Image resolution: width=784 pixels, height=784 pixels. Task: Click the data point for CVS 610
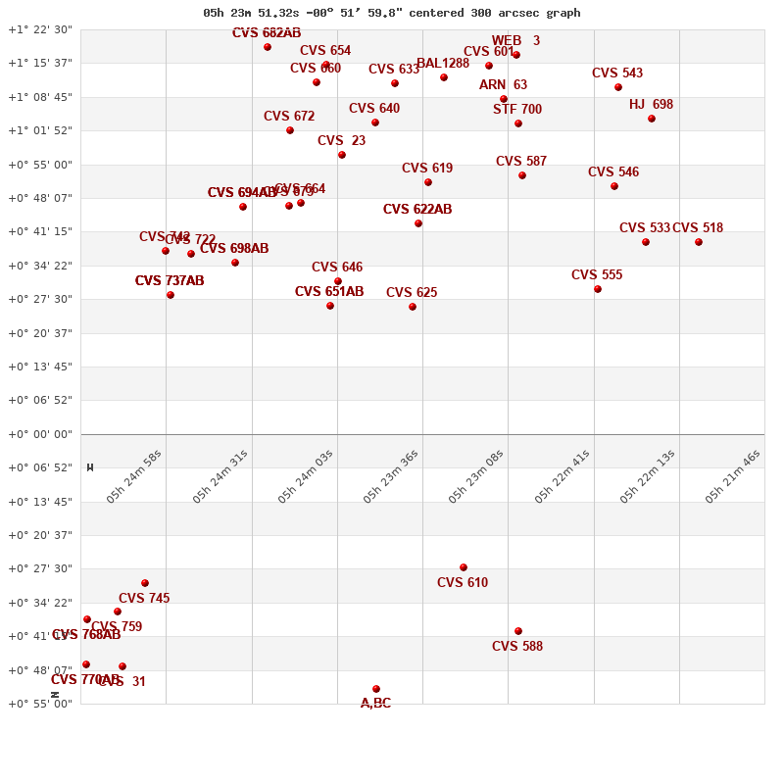click(x=464, y=567)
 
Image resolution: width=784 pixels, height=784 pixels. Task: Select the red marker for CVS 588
click(x=518, y=631)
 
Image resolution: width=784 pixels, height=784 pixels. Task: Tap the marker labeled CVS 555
click(x=598, y=289)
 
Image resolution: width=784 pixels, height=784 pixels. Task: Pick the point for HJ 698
click(x=652, y=119)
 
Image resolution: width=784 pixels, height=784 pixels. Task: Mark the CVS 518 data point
click(x=699, y=242)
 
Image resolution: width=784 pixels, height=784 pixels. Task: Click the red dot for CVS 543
click(x=618, y=87)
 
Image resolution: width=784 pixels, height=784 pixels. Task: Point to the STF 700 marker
click(x=518, y=123)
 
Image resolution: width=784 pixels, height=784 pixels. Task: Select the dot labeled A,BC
click(x=376, y=689)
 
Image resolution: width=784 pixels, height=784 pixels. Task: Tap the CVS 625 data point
click(x=413, y=307)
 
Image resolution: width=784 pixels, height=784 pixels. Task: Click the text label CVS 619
click(x=427, y=169)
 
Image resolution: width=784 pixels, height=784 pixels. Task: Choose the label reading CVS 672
click(x=289, y=117)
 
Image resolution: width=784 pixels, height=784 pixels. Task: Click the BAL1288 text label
click(x=443, y=64)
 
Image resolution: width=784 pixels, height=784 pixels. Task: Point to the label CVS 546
click(x=613, y=172)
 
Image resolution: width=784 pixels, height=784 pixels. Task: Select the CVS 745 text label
click(x=144, y=599)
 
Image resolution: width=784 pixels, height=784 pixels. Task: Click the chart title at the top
click(x=392, y=13)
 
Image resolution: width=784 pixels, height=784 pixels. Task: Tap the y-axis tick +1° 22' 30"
click(x=40, y=29)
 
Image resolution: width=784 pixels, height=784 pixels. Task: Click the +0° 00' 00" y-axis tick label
click(x=40, y=434)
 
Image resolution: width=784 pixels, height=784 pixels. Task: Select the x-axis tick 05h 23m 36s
click(x=391, y=476)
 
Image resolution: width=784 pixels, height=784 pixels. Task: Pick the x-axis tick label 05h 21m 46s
click(x=733, y=476)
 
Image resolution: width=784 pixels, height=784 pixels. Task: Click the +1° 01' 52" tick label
click(x=40, y=130)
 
